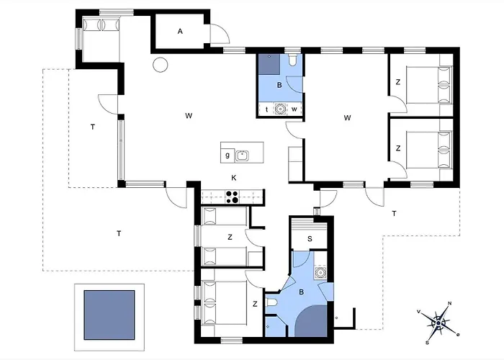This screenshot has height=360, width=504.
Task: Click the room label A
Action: (x=180, y=32)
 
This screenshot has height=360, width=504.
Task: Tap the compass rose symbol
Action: (x=438, y=323)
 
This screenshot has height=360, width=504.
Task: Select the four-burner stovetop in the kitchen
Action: (x=233, y=197)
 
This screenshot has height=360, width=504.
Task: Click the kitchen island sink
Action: (x=242, y=156)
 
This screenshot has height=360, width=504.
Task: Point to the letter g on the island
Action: (x=228, y=156)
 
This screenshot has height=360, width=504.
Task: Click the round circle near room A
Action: (x=160, y=65)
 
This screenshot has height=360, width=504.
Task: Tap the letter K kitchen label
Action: (x=234, y=178)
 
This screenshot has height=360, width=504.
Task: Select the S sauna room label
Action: (x=310, y=239)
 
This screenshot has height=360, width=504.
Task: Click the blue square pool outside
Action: (x=109, y=315)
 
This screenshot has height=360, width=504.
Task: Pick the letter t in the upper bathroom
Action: (x=267, y=109)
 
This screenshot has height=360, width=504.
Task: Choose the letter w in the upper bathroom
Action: (x=294, y=109)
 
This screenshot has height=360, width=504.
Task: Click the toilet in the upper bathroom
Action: (x=293, y=60)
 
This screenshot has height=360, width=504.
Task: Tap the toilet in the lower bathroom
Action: (x=272, y=302)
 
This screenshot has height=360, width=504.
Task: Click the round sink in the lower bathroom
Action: (x=320, y=273)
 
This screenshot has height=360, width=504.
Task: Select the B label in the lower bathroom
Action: (x=302, y=292)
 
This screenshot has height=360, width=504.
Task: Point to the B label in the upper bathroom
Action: (x=279, y=85)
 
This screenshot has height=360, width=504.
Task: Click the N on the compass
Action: (x=450, y=303)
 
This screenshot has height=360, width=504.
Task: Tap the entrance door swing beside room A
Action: (x=220, y=33)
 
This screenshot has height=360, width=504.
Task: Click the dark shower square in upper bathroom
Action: (x=270, y=64)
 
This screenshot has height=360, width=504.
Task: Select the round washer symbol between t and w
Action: (x=281, y=109)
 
